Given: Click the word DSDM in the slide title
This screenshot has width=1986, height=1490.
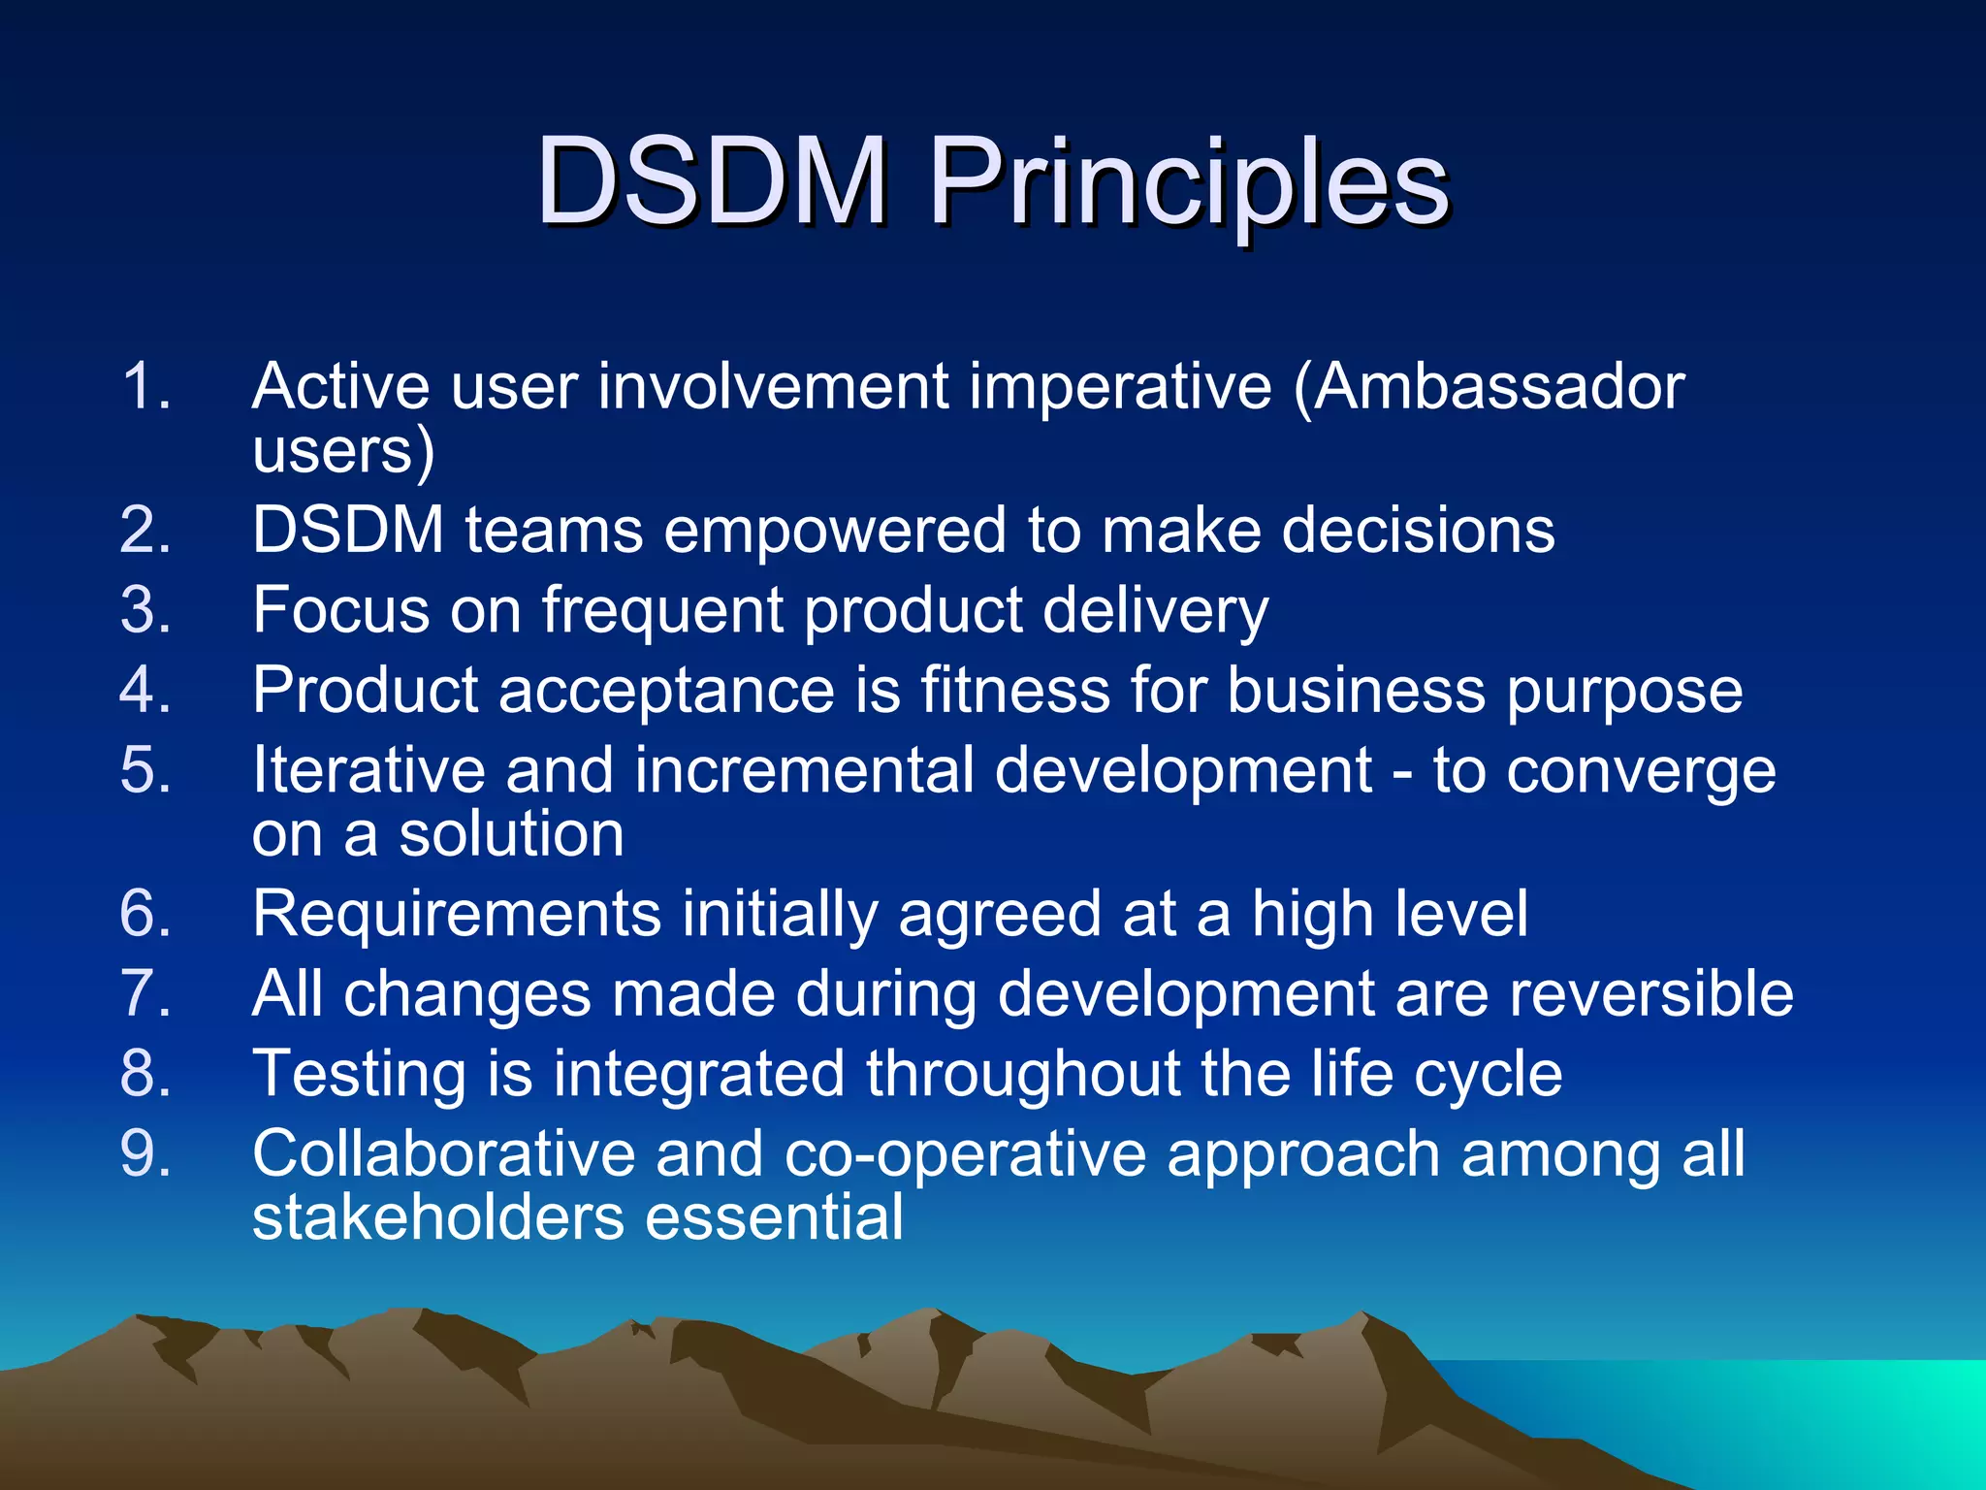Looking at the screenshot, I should point(712,181).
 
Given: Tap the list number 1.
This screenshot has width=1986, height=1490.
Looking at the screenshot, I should point(145,386).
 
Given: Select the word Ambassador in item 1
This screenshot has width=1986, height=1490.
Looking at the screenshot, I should point(1499,386).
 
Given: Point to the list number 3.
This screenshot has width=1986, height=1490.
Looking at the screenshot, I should point(145,610).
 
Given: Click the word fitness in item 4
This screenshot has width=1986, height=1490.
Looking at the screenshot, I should point(1014,691).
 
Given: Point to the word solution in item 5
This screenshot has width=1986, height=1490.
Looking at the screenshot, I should point(511,834).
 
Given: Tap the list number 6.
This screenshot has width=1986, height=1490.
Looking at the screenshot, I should point(145,914).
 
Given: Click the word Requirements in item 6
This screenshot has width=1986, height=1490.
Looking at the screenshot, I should point(456,916).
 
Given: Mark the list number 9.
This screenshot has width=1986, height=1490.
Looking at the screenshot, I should point(145,1154).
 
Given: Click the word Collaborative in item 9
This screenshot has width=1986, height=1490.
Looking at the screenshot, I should point(443,1154).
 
